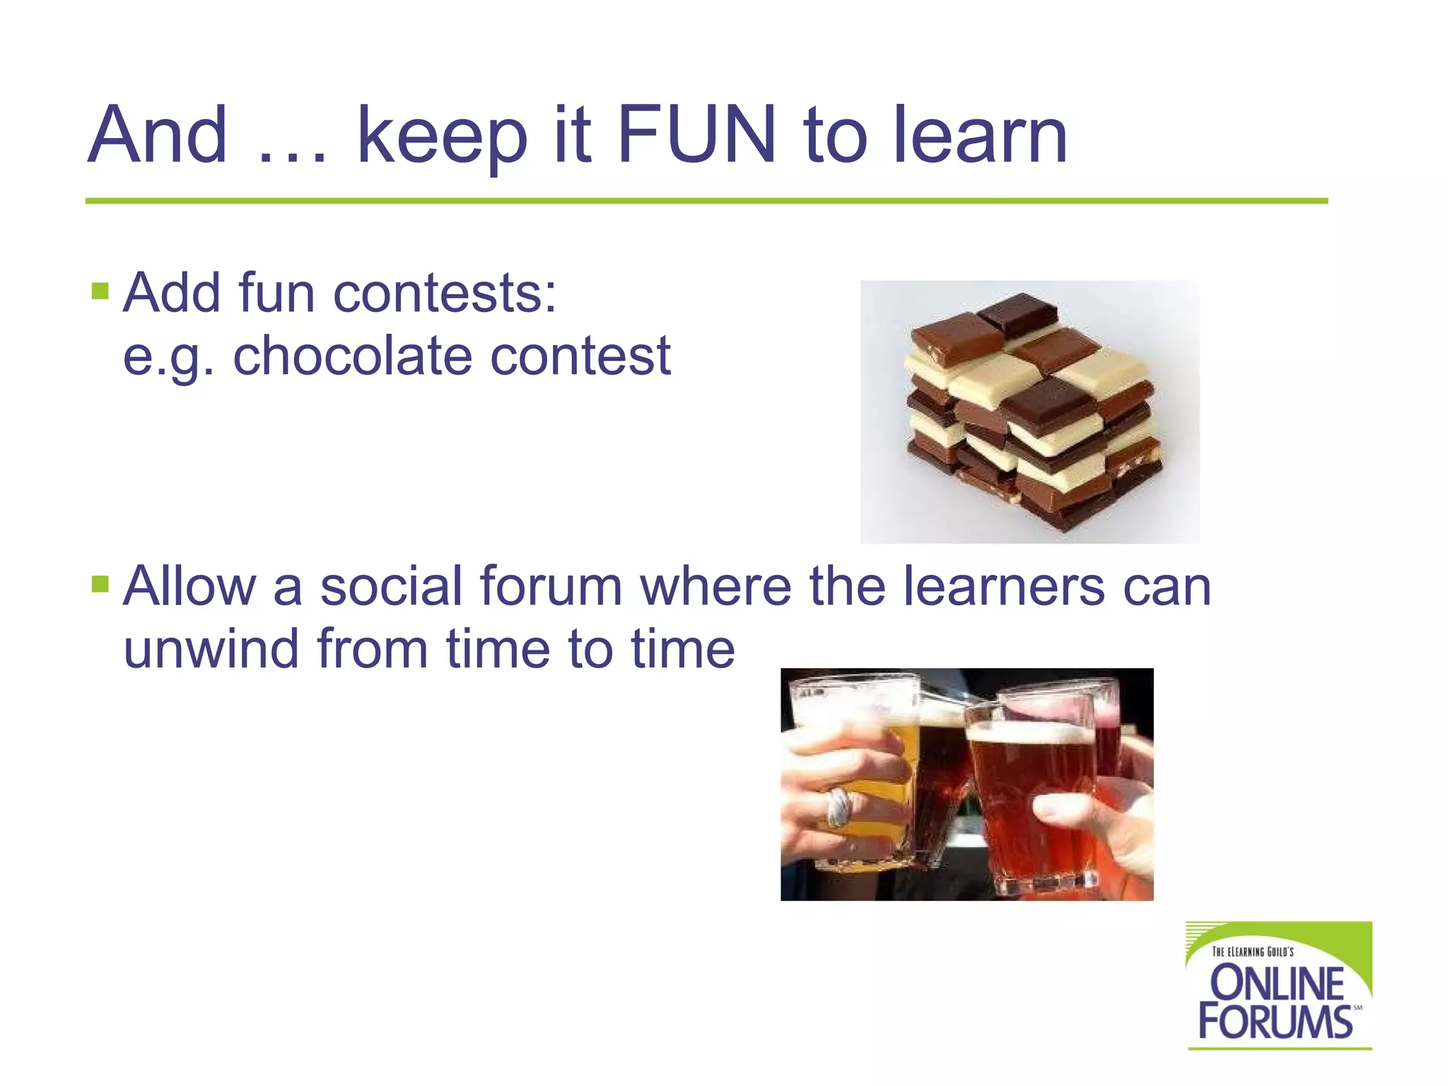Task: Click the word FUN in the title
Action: (696, 134)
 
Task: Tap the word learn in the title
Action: (981, 134)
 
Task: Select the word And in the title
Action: (157, 134)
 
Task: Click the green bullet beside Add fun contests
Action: (100, 291)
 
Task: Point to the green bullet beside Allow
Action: (100, 584)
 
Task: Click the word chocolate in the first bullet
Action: (352, 356)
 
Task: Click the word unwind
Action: (211, 648)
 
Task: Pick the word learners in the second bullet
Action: (1004, 586)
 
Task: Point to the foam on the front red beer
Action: (1025, 732)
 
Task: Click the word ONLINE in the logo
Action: (1277, 983)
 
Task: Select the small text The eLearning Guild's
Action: (1252, 952)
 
